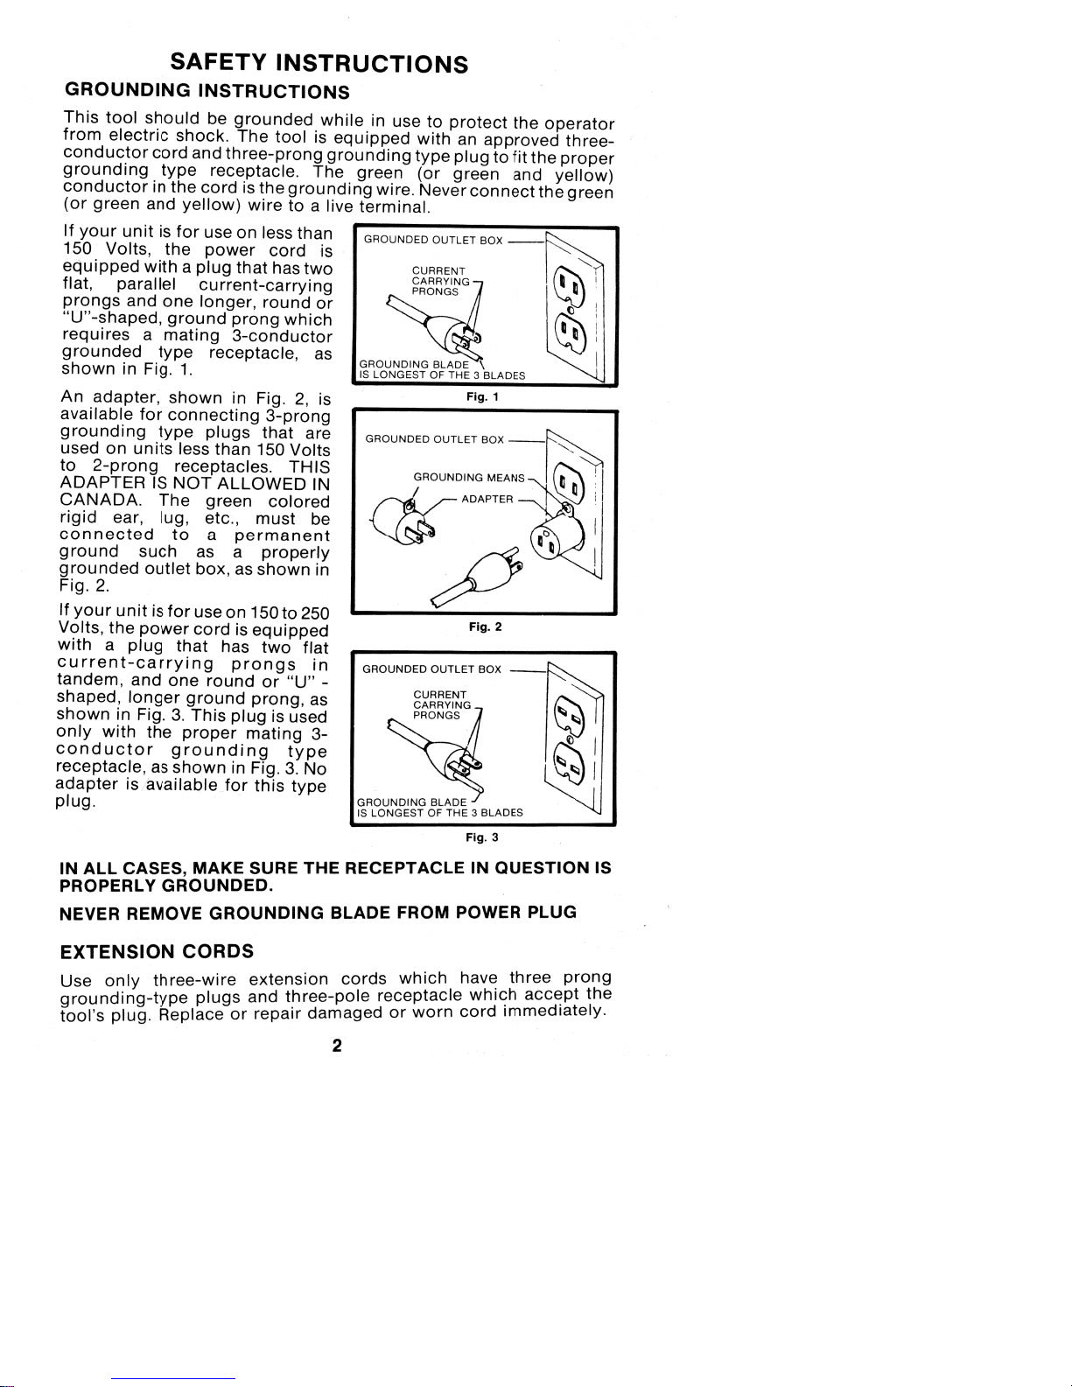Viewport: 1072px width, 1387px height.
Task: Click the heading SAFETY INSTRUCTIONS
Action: [319, 64]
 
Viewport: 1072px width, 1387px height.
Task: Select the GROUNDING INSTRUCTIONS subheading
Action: [207, 92]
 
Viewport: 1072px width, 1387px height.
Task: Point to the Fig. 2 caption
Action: [484, 627]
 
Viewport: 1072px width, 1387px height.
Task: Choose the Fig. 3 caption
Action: [482, 837]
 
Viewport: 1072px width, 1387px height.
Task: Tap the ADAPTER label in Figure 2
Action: [487, 499]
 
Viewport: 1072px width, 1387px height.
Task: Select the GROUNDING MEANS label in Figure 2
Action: [468, 478]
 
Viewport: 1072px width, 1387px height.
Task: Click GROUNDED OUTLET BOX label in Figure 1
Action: [432, 240]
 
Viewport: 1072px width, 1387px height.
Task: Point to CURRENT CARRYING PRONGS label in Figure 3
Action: [440, 704]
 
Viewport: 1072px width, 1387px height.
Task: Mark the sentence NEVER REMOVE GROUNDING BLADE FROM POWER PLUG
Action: [318, 913]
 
